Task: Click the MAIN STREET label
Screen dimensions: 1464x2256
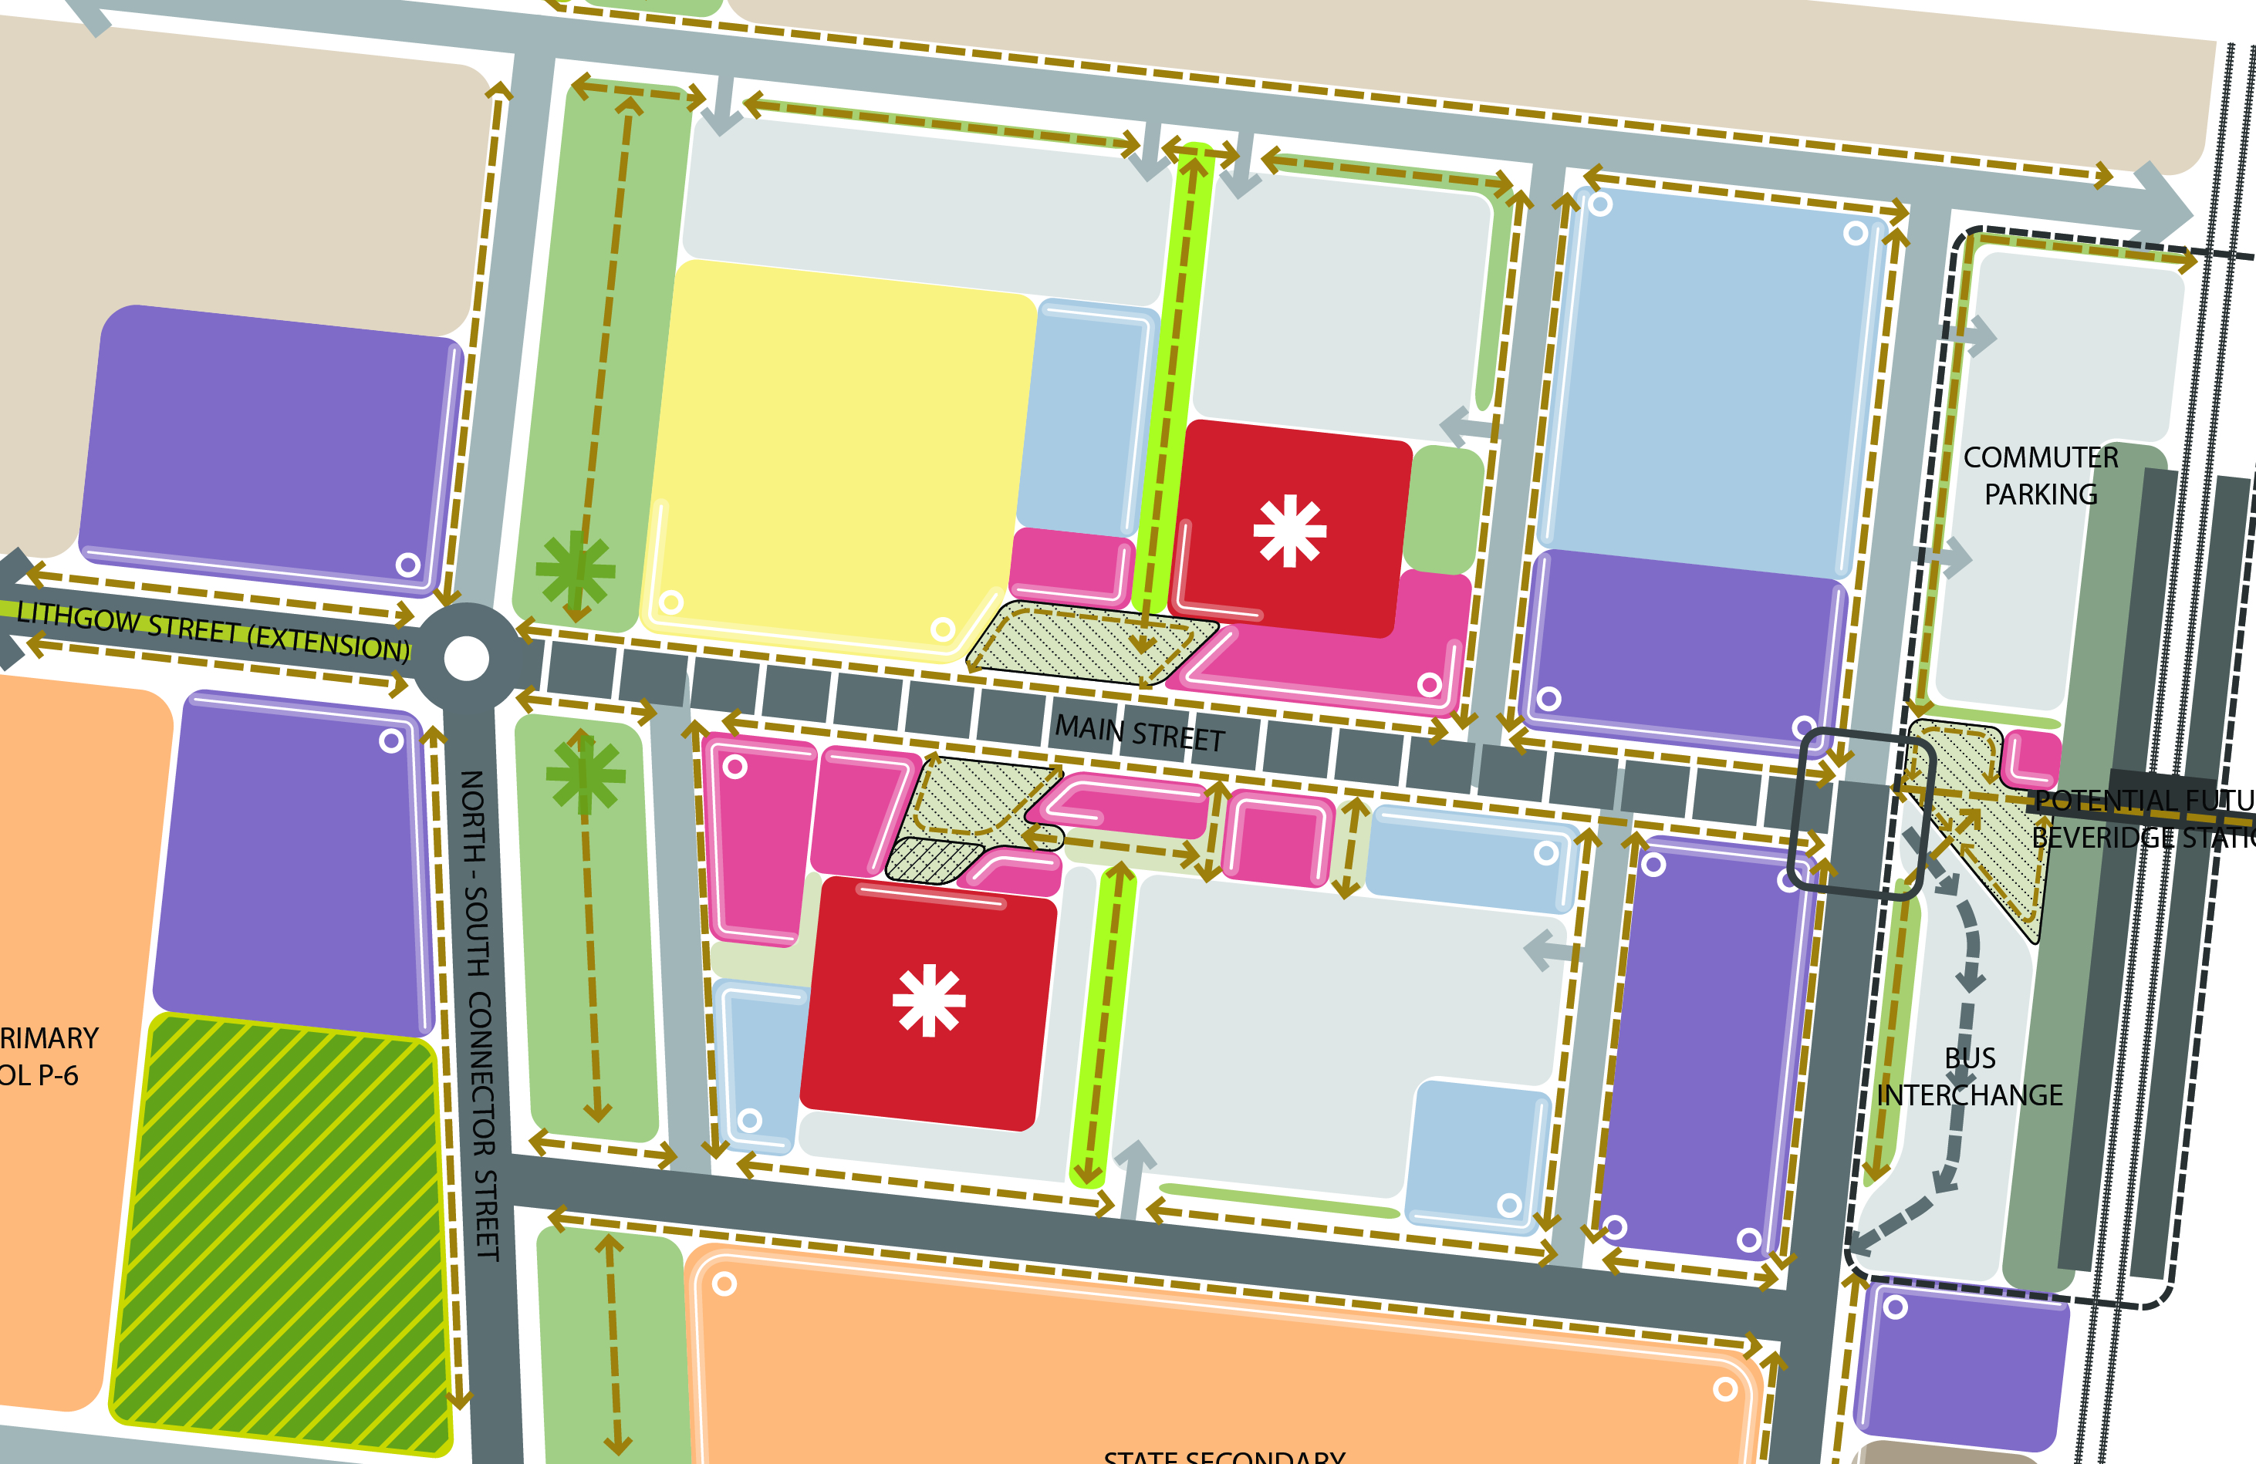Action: coord(1140,734)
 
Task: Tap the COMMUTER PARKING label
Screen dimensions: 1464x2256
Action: coord(2041,476)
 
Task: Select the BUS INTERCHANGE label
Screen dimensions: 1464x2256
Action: coord(1970,1077)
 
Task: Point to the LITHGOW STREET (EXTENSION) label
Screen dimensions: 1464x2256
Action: coord(213,632)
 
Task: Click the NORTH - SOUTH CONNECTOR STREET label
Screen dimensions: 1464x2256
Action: coord(478,1014)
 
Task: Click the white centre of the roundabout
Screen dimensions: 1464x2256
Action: coord(466,659)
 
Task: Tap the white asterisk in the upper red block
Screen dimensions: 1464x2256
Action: coord(1289,531)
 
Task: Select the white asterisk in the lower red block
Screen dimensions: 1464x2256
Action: coord(929,1000)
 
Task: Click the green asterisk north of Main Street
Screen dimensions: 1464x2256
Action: coord(576,568)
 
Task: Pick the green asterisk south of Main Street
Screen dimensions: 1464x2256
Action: coord(586,775)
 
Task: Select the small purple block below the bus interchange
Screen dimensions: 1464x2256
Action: coord(1962,1364)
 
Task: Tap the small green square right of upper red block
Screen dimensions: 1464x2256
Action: coord(1444,510)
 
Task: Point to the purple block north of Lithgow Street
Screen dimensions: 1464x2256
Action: coord(270,450)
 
